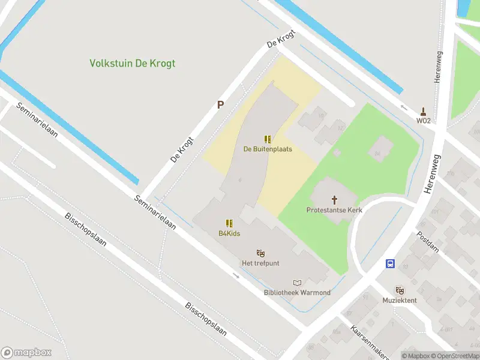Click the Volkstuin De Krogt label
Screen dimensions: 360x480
[132, 63]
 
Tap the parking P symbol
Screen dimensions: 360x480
[220, 105]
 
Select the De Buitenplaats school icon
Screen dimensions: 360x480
[268, 139]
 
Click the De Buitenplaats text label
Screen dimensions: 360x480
[268, 149]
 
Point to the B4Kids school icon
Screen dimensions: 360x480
[229, 224]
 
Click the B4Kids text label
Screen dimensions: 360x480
[229, 233]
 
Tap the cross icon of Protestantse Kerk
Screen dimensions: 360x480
[334, 200]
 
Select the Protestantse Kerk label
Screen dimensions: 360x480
[334, 210]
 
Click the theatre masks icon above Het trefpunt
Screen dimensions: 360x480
[260, 253]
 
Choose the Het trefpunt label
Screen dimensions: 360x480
[260, 263]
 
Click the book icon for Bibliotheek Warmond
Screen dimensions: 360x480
[297, 283]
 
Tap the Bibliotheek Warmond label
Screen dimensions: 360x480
[297, 293]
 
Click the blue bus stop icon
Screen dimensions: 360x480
[390, 263]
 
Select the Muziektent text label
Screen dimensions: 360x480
[400, 300]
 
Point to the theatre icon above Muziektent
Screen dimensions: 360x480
[400, 290]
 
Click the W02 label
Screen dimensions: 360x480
[424, 121]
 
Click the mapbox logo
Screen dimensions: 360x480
[26, 353]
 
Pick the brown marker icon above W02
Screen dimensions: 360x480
[424, 111]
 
